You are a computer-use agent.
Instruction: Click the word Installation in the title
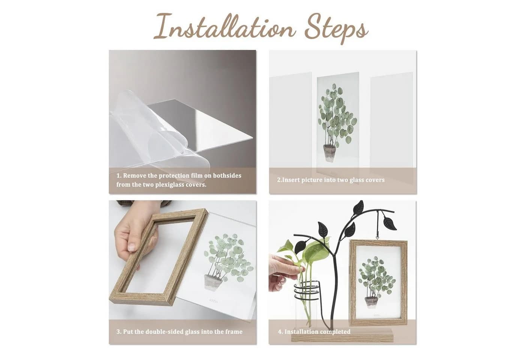point(223,27)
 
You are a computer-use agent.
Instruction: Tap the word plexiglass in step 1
point(177,184)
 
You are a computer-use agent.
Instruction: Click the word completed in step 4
point(335,332)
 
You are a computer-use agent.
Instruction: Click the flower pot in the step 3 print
point(213,283)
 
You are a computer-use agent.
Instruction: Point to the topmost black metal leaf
point(358,206)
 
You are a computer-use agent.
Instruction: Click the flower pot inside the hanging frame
point(371,303)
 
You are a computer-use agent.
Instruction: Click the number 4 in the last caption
point(280,332)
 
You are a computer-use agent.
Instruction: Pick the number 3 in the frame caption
point(118,332)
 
